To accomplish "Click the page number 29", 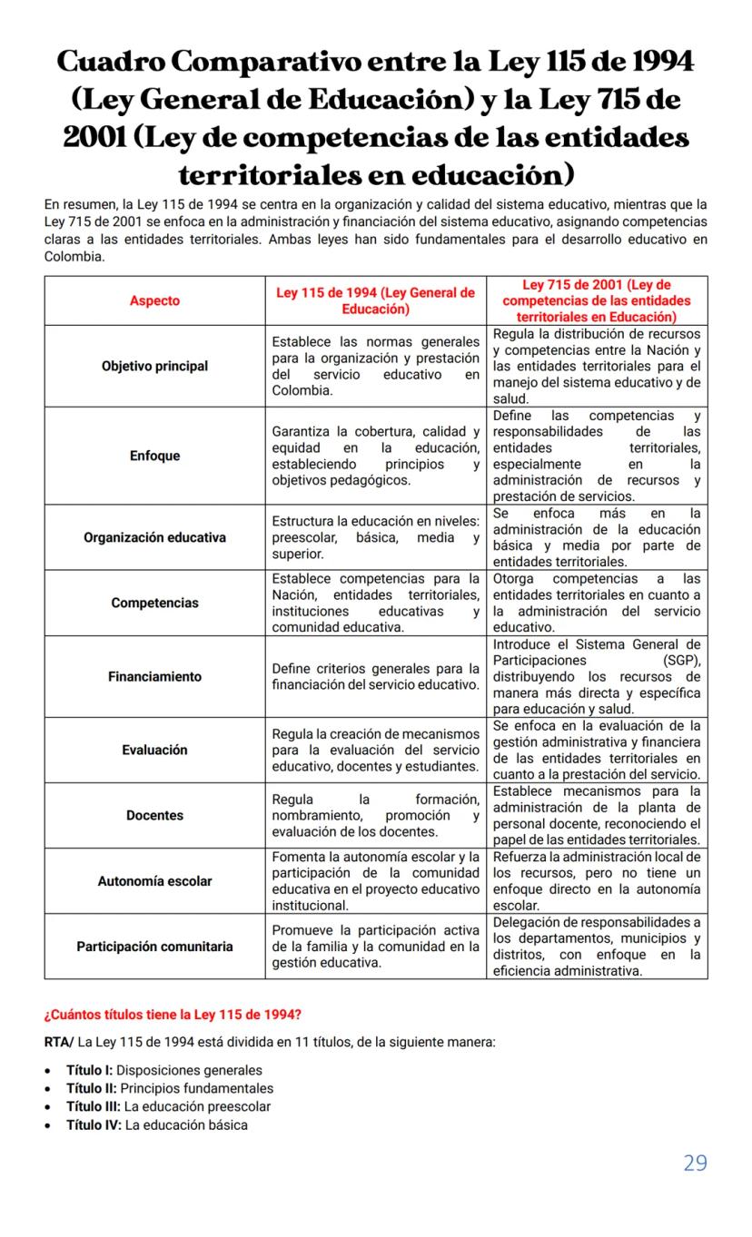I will tap(695, 1163).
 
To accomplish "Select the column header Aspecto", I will tap(154, 300).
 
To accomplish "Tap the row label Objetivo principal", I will tap(154, 366).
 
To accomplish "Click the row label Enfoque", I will tap(154, 456).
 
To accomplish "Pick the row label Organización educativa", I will tap(154, 537).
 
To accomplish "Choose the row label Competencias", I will tap(154, 603).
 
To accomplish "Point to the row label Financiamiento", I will tap(154, 676).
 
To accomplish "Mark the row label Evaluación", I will tap(154, 750).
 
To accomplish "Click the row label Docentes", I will tap(154, 815).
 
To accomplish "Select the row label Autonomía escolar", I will tap(154, 880).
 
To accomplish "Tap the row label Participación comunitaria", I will tap(154, 946).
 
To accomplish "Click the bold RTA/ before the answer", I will tap(59, 1042).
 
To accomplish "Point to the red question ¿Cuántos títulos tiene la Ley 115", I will tap(167, 1013).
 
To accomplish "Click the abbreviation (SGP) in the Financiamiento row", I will tap(682, 660).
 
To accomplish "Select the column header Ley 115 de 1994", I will tap(375, 300).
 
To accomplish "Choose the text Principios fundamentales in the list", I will tap(197, 1088).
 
